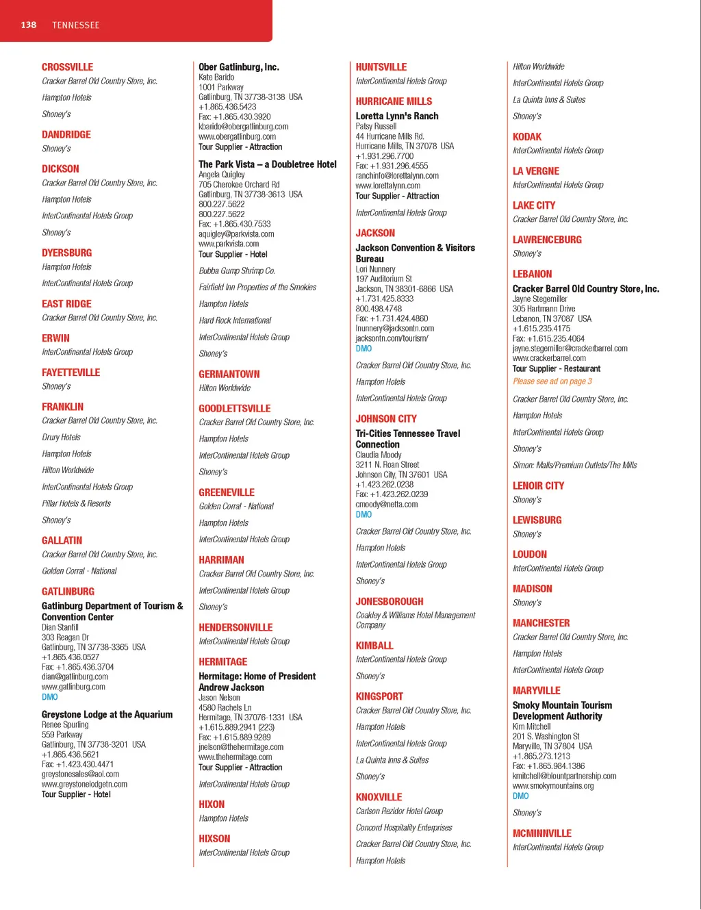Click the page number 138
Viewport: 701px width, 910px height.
28,25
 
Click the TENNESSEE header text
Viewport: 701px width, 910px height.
75,25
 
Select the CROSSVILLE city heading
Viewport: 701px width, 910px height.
67,67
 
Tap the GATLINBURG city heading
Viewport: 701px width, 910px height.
68,592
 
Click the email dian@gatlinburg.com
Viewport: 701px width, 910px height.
75,677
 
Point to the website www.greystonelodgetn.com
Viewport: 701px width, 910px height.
84,784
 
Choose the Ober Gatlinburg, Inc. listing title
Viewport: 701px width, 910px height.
238,67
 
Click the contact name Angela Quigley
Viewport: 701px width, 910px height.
221,175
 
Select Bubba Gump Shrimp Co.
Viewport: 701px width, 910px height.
237,270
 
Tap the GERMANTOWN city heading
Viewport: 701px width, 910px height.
229,375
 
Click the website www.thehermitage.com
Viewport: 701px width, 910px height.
235,757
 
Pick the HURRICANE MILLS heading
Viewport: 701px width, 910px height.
394,101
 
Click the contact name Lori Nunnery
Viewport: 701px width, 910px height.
375,269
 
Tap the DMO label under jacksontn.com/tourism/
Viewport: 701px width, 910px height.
364,349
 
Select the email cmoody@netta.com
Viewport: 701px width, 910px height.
386,505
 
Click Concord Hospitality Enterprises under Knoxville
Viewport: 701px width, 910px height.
404,828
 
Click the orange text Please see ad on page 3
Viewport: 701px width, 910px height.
552,381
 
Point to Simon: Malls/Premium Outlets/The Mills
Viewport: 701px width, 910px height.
574,466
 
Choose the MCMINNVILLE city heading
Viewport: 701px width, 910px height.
541,833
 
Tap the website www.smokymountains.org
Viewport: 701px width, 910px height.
552,786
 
